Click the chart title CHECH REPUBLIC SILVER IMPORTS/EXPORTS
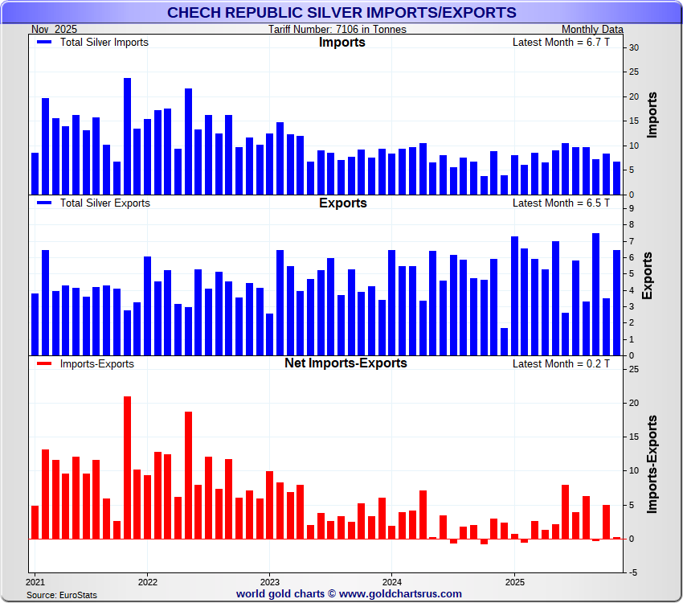341,12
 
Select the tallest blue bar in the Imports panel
128,137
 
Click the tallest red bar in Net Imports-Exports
127,467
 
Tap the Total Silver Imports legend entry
104,42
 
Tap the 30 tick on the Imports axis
634,47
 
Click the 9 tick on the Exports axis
632,208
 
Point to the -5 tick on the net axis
633,572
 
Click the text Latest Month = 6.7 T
561,42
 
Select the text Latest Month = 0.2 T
561,363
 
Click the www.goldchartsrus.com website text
400,594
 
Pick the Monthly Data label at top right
592,29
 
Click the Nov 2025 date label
55,29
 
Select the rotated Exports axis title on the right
648,275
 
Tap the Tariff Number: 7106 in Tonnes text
337,29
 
